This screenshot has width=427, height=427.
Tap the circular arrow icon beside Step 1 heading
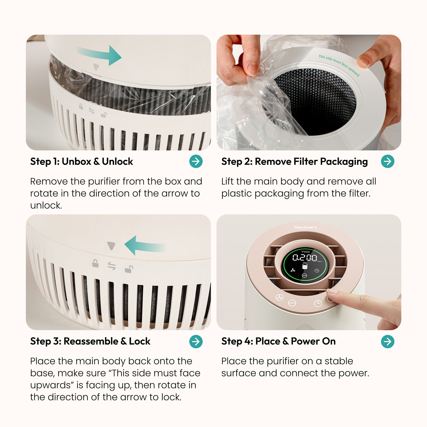pyautogui.click(x=196, y=161)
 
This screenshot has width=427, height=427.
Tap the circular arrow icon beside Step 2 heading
pyautogui.click(x=388, y=161)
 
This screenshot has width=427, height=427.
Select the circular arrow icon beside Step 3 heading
pyautogui.click(x=196, y=341)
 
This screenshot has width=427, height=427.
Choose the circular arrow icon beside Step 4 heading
pyautogui.click(x=388, y=341)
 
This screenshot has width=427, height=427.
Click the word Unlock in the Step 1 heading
pyautogui.click(x=117, y=162)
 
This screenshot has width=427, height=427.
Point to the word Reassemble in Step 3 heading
pyautogui.click(x=91, y=341)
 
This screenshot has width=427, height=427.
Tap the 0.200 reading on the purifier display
pyautogui.click(x=305, y=257)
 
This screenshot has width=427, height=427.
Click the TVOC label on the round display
pyautogui.click(x=305, y=251)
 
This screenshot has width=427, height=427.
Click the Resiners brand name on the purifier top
pyautogui.click(x=305, y=227)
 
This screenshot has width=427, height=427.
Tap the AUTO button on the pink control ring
pyautogui.click(x=292, y=303)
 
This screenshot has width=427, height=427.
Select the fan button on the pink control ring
pyautogui.click(x=279, y=298)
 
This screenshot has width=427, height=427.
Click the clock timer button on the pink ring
pyautogui.click(x=318, y=303)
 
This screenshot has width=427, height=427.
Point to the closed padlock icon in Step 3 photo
pyautogui.click(x=95, y=263)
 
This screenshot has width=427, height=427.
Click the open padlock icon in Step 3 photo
pyautogui.click(x=129, y=269)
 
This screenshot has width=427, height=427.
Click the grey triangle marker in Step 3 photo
pyautogui.click(x=111, y=246)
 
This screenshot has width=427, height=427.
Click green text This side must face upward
pyautogui.click(x=339, y=65)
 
